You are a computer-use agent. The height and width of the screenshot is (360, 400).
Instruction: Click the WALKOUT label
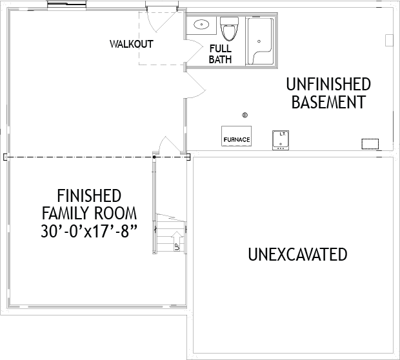pos(132,44)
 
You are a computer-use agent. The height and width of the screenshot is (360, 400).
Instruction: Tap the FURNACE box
pos(236,136)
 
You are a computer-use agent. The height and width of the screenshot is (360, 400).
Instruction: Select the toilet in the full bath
pos(229,28)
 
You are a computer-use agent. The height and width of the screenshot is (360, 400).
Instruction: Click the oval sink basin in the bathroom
pos(201,25)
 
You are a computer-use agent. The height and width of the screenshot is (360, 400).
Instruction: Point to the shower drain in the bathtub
pos(259,41)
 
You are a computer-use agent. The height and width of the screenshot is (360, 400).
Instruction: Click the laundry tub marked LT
pos(281,140)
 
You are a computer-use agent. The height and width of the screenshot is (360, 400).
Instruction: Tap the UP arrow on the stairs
pos(178,241)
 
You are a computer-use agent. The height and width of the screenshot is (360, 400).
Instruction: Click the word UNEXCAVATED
pos(297,254)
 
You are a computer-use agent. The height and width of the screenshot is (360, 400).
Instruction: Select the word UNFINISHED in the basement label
pos(328,85)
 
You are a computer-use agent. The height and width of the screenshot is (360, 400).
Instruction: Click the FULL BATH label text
pos(220,54)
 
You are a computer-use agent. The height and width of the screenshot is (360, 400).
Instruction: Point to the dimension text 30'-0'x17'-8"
pos(89,232)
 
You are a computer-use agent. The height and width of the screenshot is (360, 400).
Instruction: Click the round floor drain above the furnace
pos(245,115)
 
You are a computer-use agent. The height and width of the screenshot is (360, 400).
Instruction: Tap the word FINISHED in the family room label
pos(89,195)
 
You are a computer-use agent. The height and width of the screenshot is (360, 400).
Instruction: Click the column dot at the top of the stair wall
pos(154,157)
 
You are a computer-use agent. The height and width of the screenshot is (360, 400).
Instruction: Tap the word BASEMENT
pos(329,102)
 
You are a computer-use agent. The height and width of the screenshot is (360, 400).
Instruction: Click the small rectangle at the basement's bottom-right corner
pos(370,144)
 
